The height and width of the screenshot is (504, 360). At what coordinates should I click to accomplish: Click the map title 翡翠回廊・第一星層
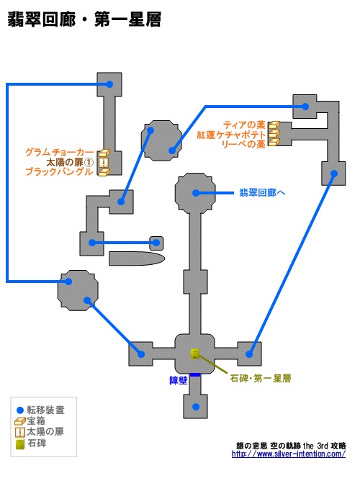click(x=84, y=19)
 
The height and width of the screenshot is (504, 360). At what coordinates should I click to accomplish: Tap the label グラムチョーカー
click(x=60, y=152)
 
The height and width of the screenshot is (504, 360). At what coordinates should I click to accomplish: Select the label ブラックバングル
click(x=60, y=171)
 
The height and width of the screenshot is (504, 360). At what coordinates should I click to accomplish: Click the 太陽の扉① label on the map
click(x=70, y=162)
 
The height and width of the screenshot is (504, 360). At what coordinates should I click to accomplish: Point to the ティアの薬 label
click(x=244, y=125)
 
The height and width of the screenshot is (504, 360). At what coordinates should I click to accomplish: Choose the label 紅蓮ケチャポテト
click(x=231, y=135)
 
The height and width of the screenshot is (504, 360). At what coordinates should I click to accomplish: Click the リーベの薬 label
click(x=243, y=144)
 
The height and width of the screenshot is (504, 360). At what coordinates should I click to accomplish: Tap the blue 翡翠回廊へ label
click(x=262, y=193)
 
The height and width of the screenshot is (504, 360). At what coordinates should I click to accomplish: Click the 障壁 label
click(x=179, y=381)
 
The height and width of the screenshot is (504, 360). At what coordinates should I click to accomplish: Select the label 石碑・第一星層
click(x=261, y=378)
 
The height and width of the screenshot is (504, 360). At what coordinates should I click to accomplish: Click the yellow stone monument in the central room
click(x=195, y=354)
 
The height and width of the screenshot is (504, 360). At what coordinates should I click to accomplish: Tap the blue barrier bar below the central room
click(x=195, y=375)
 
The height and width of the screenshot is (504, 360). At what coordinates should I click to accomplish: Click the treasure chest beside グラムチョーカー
click(x=104, y=153)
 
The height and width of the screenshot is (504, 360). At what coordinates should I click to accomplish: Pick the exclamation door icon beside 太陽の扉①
click(x=104, y=162)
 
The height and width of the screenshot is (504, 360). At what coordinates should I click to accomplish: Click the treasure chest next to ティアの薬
click(x=274, y=125)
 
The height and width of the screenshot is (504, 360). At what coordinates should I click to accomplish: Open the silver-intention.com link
click(x=289, y=454)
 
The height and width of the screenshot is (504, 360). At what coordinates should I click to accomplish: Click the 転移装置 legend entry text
click(x=45, y=410)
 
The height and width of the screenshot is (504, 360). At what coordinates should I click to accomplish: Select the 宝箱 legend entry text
click(x=36, y=420)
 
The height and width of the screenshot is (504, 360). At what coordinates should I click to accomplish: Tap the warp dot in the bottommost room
click(x=196, y=407)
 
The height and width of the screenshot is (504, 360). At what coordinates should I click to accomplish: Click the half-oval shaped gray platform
click(x=137, y=258)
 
